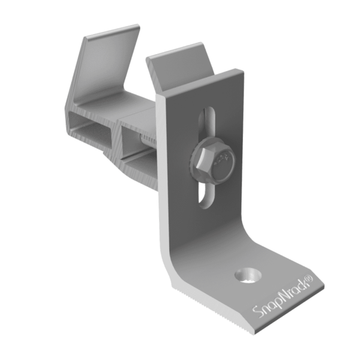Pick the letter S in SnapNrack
pyautogui.click(x=256, y=313)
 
